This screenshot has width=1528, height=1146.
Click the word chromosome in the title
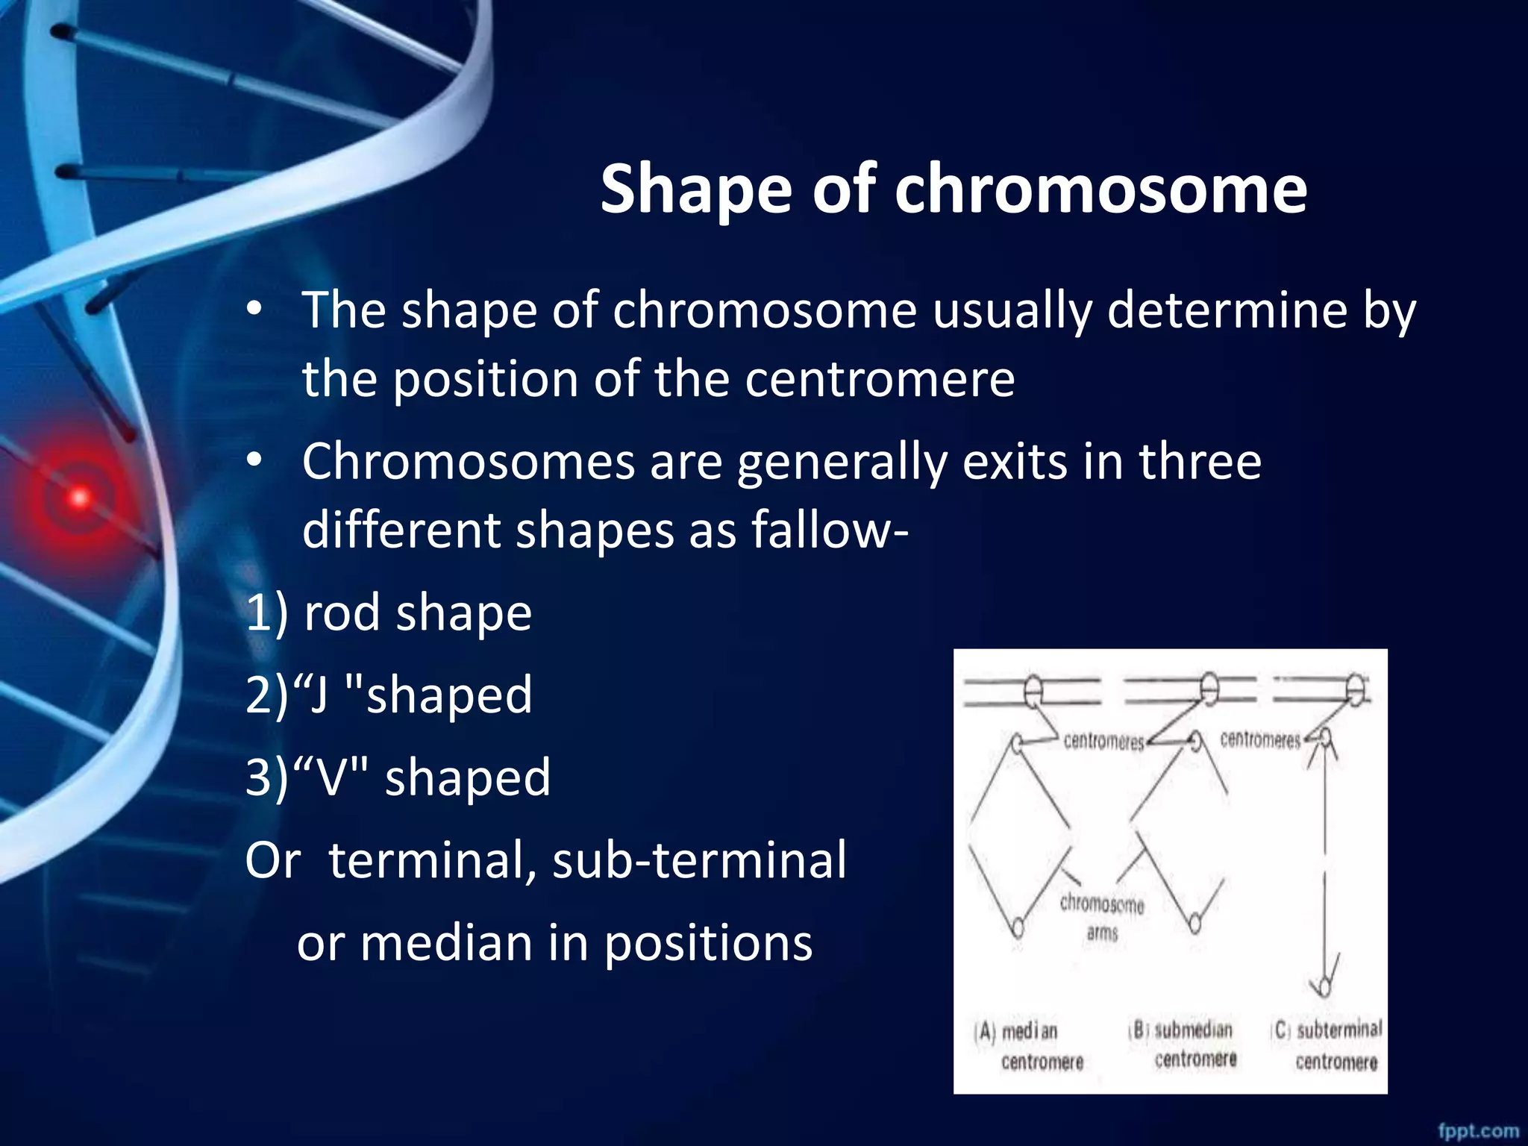pyautogui.click(x=1100, y=190)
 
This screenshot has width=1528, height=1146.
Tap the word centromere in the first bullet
pyautogui.click(x=880, y=380)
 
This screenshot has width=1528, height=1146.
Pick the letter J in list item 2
pyautogui.click(x=319, y=695)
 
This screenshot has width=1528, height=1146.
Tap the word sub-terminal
pyautogui.click(x=699, y=860)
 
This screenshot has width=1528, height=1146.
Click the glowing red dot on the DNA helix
pyautogui.click(x=80, y=497)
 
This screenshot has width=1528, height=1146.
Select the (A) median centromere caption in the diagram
pyautogui.click(x=1030, y=1047)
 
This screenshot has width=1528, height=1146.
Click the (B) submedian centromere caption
pyautogui.click(x=1183, y=1045)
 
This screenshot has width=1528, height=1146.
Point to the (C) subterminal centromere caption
pyautogui.click(x=1328, y=1045)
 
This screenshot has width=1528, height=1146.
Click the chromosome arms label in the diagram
pyautogui.click(x=1102, y=918)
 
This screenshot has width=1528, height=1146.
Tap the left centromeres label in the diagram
pyautogui.click(x=1103, y=742)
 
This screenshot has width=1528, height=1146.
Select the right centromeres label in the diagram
pyautogui.click(x=1260, y=740)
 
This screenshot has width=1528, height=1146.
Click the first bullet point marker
pyautogui.click(x=255, y=309)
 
